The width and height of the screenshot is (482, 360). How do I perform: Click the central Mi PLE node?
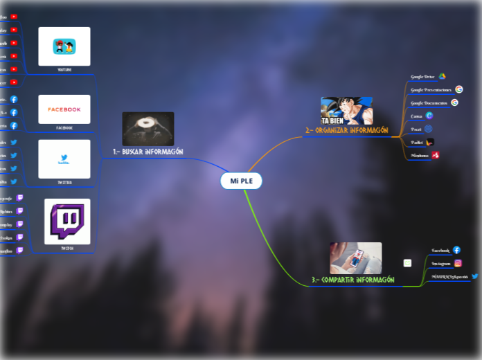pyautogui.click(x=241, y=181)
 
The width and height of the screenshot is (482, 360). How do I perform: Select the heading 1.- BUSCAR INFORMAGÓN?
pyautogui.click(x=148, y=151)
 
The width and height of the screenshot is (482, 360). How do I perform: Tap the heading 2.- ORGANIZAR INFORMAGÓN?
pyautogui.click(x=346, y=129)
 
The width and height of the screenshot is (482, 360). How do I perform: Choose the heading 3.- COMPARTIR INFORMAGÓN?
pyautogui.click(x=352, y=280)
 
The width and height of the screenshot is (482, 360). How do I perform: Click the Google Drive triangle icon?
pyautogui.click(x=442, y=76)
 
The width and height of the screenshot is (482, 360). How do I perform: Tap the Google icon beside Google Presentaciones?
pyautogui.click(x=458, y=89)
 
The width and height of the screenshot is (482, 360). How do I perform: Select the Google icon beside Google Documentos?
pyautogui.click(x=454, y=102)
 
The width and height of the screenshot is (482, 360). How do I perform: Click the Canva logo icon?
pyautogui.click(x=429, y=116)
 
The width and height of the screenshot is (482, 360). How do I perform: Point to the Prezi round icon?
pyautogui.click(x=428, y=129)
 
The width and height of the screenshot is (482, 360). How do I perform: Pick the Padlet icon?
pyautogui.click(x=429, y=142)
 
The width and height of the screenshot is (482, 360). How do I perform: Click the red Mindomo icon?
pyautogui.click(x=435, y=155)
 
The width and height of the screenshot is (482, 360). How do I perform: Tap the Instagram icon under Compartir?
pyautogui.click(x=458, y=263)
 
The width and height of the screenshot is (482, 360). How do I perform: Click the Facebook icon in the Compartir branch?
pyautogui.click(x=456, y=250)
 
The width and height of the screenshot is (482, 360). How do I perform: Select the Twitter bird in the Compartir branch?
pyautogui.click(x=475, y=276)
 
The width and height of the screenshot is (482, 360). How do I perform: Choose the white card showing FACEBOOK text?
pyautogui.click(x=64, y=109)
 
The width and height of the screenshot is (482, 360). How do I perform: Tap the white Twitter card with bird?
pyautogui.click(x=64, y=159)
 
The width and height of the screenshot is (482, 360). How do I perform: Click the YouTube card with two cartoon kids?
pyautogui.click(x=64, y=46)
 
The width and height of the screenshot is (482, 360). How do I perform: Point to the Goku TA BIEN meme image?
pyautogui.click(x=346, y=111)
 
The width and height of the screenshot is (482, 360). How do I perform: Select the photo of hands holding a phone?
pyautogui.click(x=355, y=258)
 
